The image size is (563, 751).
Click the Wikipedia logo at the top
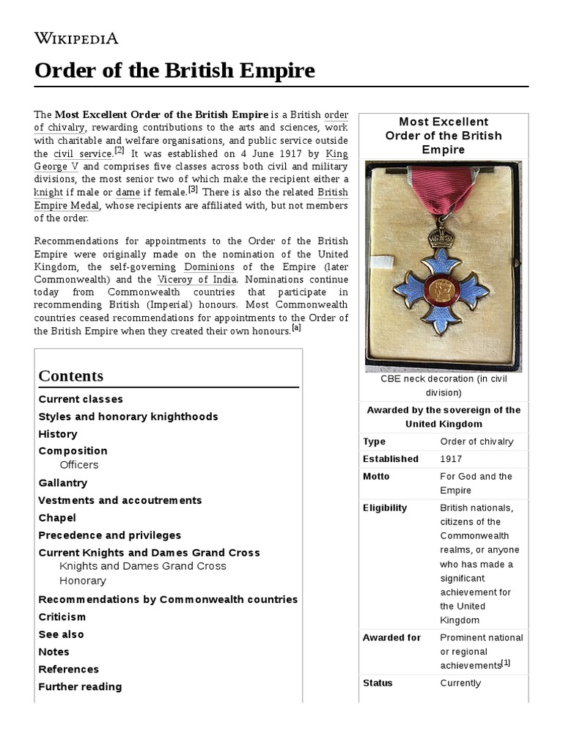coord(76,38)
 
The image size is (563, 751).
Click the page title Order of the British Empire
coord(174,71)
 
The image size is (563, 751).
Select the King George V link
coord(336,161)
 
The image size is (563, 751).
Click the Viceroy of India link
coord(196,279)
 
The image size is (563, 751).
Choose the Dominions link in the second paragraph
coord(209,266)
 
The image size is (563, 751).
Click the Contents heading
coord(71,376)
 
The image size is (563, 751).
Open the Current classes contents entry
coord(81,399)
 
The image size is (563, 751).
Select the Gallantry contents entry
coord(62,483)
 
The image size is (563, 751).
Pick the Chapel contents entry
coord(57,518)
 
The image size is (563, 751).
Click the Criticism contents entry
coord(62,617)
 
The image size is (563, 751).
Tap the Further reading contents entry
coord(80,686)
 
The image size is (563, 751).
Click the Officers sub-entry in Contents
coord(78,465)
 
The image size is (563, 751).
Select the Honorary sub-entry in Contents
coord(82,581)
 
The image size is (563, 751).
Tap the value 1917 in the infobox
coord(452,459)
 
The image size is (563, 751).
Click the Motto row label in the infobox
coord(376,477)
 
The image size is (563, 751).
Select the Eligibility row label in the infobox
coord(384,508)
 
